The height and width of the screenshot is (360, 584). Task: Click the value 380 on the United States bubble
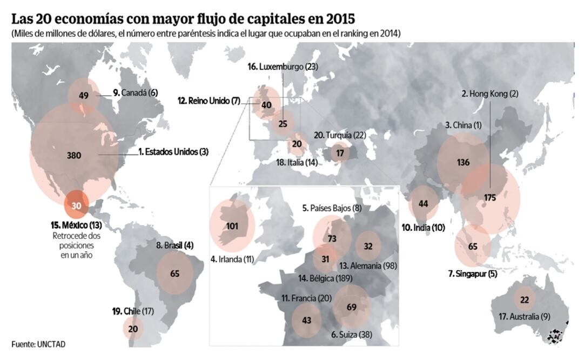pyautogui.click(x=74, y=156)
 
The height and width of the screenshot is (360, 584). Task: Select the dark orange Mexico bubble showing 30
pyautogui.click(x=76, y=205)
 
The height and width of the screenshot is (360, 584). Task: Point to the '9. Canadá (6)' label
pyautogui.click(x=135, y=93)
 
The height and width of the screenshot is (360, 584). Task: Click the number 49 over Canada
pyautogui.click(x=83, y=96)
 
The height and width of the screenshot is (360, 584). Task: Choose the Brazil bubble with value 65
pyautogui.click(x=174, y=274)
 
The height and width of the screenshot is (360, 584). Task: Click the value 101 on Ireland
pyautogui.click(x=233, y=226)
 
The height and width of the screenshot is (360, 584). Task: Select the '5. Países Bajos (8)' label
pyautogui.click(x=331, y=208)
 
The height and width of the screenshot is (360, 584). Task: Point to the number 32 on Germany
pyautogui.click(x=368, y=245)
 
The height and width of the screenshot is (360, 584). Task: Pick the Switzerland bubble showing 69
pyautogui.click(x=352, y=307)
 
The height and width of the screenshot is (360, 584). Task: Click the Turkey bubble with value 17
pyautogui.click(x=340, y=153)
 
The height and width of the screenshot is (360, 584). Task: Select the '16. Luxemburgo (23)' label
pyautogui.click(x=283, y=66)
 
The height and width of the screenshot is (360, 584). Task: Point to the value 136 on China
pyautogui.click(x=462, y=163)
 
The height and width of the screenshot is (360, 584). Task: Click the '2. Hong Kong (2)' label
pyautogui.click(x=489, y=93)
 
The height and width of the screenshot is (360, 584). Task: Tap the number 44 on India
pyautogui.click(x=424, y=204)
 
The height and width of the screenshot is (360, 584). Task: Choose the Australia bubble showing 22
pyautogui.click(x=524, y=300)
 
